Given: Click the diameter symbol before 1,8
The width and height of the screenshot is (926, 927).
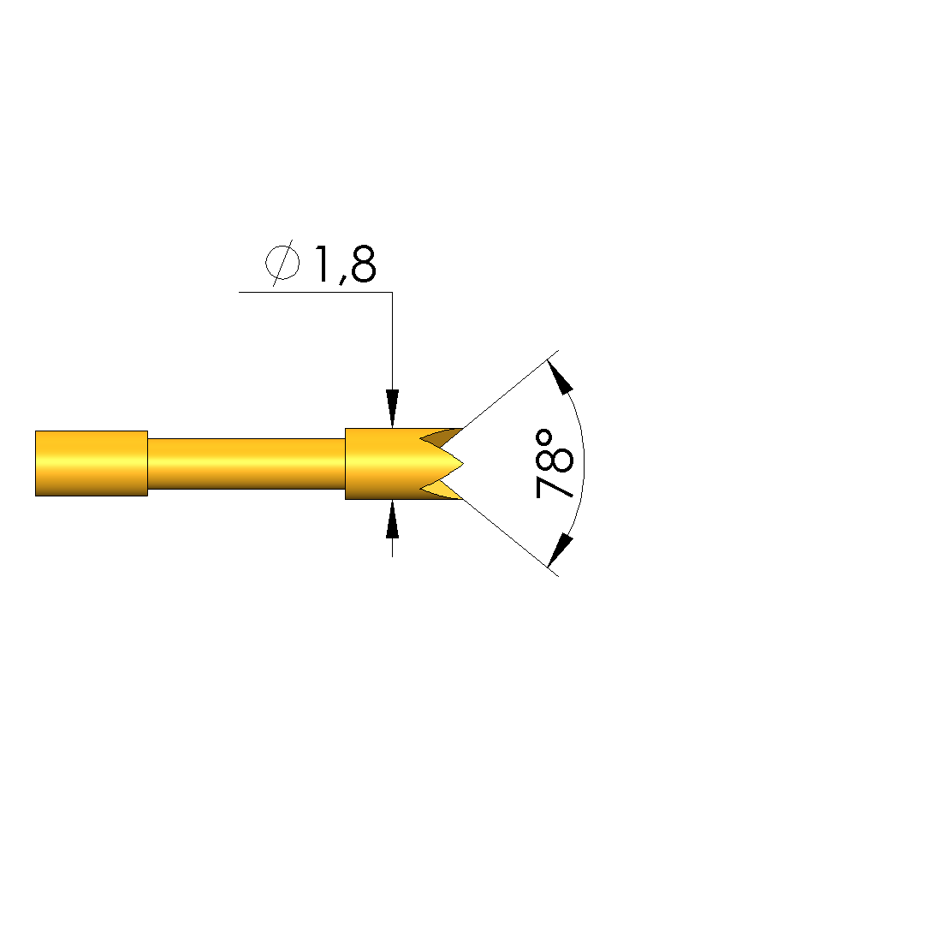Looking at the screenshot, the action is pyautogui.click(x=282, y=263).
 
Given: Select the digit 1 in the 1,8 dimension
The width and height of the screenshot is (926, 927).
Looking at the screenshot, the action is pyautogui.click(x=324, y=264).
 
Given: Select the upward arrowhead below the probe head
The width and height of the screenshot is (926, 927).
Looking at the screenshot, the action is pyautogui.click(x=392, y=520).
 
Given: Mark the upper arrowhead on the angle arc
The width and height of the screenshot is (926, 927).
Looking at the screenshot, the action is pyautogui.click(x=560, y=377).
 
